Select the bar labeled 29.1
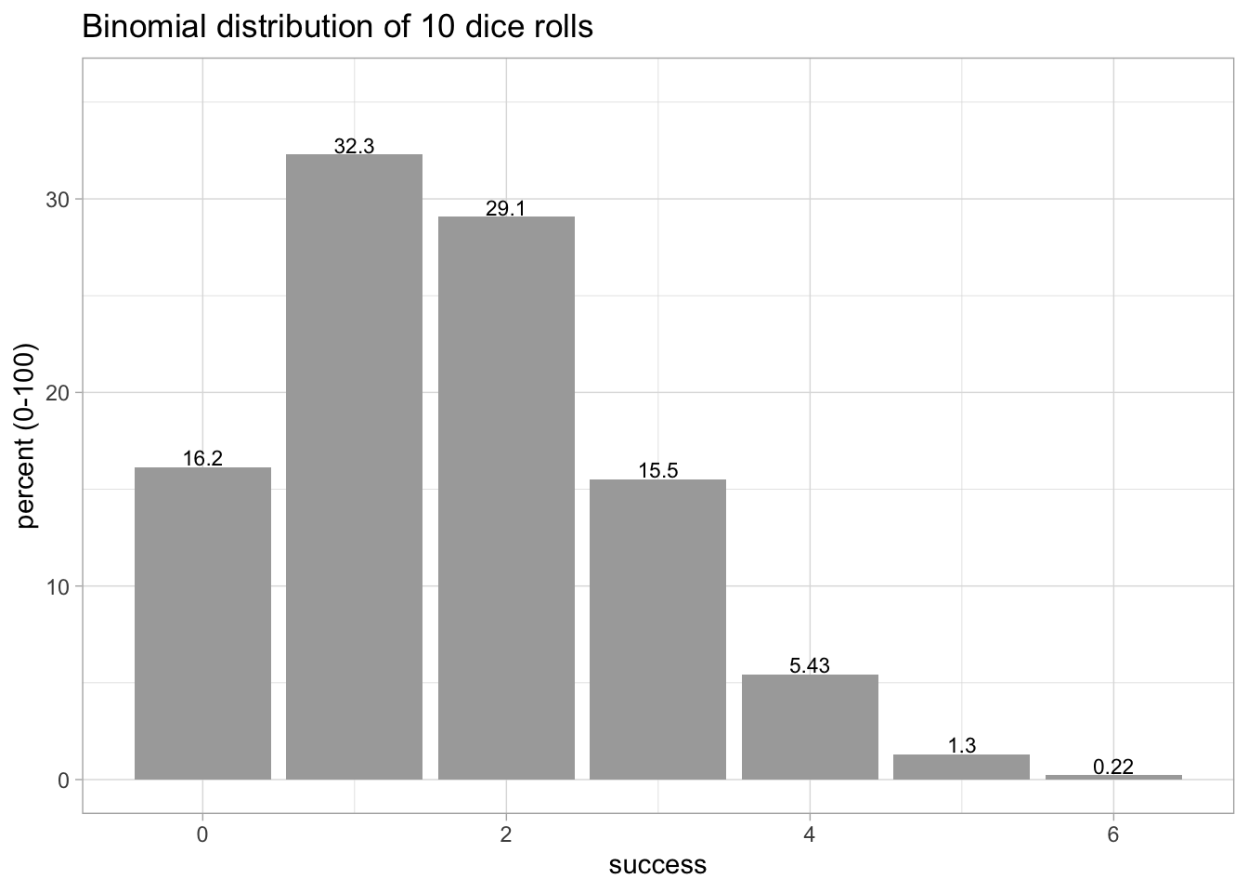point(506,498)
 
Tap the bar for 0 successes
point(202,623)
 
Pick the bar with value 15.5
point(657,629)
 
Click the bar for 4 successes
point(810,727)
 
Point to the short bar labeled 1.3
point(961,767)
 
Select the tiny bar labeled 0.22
point(1113,777)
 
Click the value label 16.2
point(202,458)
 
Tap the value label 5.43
point(810,665)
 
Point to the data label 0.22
point(1113,767)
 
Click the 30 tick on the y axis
point(58,200)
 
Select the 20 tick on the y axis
point(58,393)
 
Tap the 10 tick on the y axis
point(58,586)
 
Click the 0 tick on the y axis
point(63,780)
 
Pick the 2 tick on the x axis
point(506,834)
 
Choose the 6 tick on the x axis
point(1113,834)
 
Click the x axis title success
point(657,866)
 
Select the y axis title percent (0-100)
point(27,436)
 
